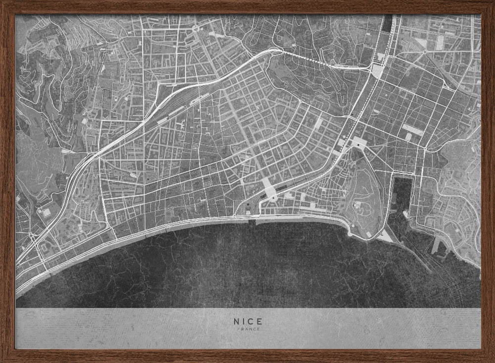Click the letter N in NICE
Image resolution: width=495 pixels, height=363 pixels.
coord(237,321)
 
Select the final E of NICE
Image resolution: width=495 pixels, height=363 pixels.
coord(259,321)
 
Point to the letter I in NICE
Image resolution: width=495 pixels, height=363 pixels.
coord(244,321)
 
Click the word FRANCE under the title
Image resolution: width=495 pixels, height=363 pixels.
coord(248,329)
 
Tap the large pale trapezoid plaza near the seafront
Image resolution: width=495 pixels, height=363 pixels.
coord(269,189)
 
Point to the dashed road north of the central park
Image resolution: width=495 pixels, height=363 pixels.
coord(317,61)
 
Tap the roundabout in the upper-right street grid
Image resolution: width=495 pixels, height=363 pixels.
coord(425,51)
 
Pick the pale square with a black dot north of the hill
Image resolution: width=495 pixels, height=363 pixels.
coord(357,143)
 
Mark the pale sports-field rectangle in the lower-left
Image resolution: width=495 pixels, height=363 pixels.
coord(46,212)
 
